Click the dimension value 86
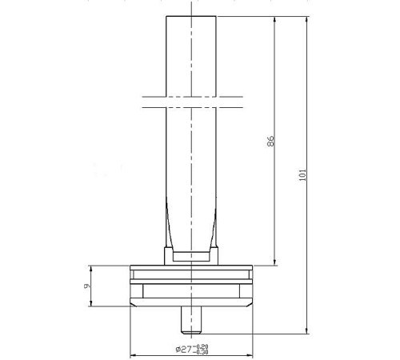click(270, 141)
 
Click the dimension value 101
click(302, 175)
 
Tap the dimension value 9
click(87, 286)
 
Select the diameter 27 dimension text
click(184, 349)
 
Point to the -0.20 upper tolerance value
click(202, 346)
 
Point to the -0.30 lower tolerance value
click(202, 352)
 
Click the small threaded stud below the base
click(191, 320)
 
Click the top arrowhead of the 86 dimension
click(275, 19)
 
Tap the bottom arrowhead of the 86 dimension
click(275, 262)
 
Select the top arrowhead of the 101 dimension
click(306, 19)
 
